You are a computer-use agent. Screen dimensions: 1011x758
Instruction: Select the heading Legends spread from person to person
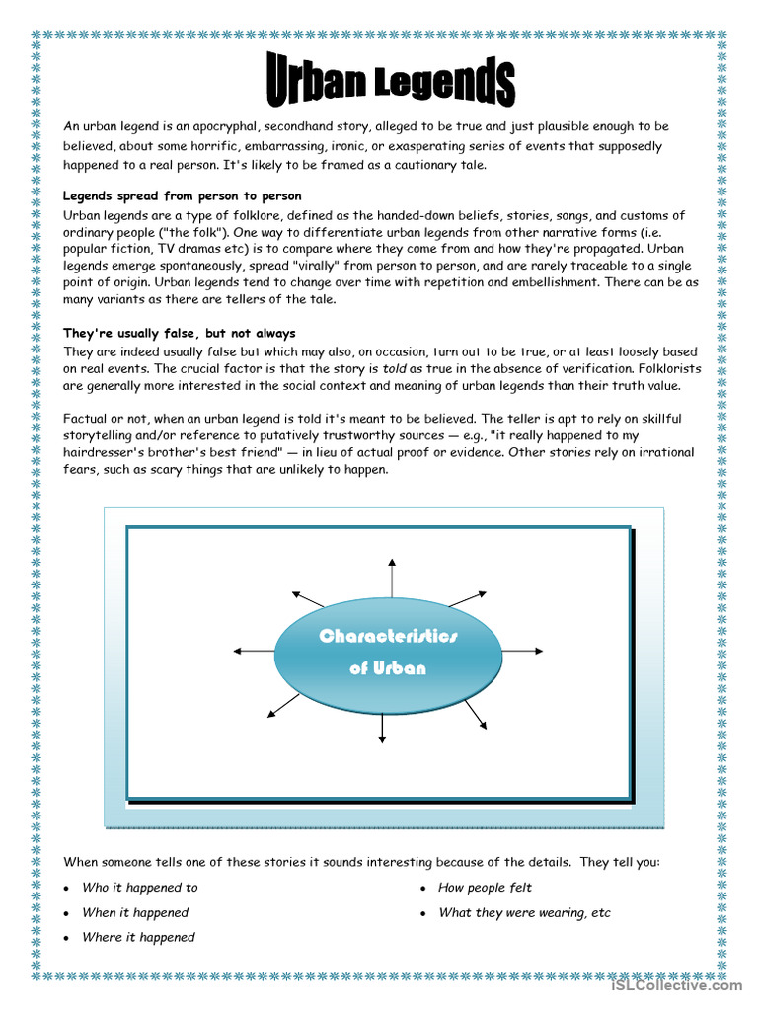point(183,195)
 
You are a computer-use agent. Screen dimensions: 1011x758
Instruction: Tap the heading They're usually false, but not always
point(180,333)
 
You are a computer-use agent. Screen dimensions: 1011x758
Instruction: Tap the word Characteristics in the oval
point(388,636)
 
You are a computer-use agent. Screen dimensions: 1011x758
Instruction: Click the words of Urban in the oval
point(388,668)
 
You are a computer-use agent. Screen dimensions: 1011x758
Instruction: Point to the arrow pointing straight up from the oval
point(392,578)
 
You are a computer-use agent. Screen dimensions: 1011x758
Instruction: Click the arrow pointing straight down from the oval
point(382,728)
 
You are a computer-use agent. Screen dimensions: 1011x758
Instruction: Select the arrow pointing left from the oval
point(252,651)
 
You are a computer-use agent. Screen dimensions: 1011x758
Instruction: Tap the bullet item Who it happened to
point(140,888)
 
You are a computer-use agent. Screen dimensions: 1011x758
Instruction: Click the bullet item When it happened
point(135,912)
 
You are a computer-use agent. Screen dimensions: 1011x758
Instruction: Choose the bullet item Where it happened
point(138,937)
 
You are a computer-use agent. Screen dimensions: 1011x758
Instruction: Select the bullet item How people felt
point(485,888)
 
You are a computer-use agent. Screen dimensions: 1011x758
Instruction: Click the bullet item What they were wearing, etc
point(524,912)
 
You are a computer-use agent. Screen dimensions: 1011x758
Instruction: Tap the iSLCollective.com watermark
point(676,985)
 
